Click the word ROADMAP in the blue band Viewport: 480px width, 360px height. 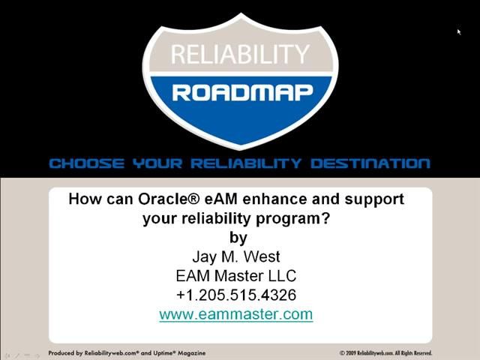(240, 92)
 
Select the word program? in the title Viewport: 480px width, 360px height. (298, 218)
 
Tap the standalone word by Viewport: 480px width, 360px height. (238, 238)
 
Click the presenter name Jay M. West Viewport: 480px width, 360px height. (236, 256)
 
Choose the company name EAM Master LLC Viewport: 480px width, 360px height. (236, 275)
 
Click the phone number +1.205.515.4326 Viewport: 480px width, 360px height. (236, 295)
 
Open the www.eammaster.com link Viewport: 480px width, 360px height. (236, 314)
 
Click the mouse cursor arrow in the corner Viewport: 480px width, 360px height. (459, 31)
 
